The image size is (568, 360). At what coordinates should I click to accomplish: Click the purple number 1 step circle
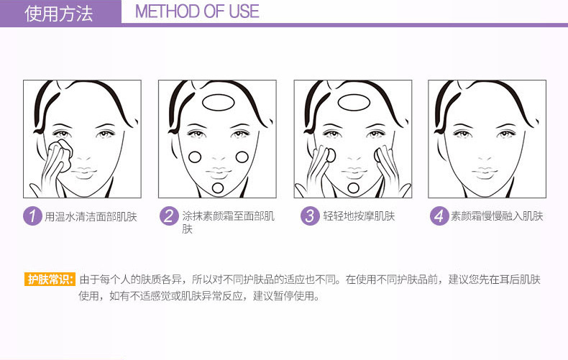click(32, 216)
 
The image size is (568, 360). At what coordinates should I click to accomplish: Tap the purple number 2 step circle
click(169, 216)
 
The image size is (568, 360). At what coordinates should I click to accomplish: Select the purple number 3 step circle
click(310, 216)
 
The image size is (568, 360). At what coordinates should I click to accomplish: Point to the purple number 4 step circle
click(439, 216)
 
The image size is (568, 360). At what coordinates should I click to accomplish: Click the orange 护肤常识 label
click(50, 280)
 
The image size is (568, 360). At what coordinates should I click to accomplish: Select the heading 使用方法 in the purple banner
click(59, 14)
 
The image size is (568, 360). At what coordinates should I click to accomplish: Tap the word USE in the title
click(244, 11)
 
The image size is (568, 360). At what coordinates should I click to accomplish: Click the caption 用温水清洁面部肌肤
click(91, 216)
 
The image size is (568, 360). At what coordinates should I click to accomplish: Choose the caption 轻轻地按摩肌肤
click(359, 216)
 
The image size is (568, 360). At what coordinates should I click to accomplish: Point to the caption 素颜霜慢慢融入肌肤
click(497, 216)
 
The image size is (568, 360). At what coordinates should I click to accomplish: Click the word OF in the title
click(214, 11)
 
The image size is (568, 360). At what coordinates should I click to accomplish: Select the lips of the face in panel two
click(219, 172)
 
